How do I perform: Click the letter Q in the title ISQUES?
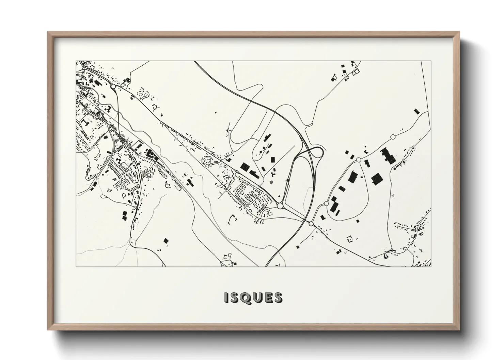coord(242,297)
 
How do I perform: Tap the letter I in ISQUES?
coord(226,297)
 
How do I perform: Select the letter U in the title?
coord(254,297)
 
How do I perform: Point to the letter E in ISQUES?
coord(266,297)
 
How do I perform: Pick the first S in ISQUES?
coord(233,297)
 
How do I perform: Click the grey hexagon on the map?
coord(271,182)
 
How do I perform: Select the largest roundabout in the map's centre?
coord(280,206)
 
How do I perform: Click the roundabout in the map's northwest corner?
coord(113,86)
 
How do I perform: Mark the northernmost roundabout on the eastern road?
coord(392,137)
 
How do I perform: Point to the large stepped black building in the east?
coord(387,156)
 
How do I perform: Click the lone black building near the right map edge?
coord(416,111)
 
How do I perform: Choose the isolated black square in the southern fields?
coord(166,241)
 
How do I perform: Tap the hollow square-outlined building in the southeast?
coord(349,239)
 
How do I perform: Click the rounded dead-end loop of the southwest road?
coord(95,158)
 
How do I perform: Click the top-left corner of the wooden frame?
coord(48,32)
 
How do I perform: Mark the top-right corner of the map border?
coord(431,61)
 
